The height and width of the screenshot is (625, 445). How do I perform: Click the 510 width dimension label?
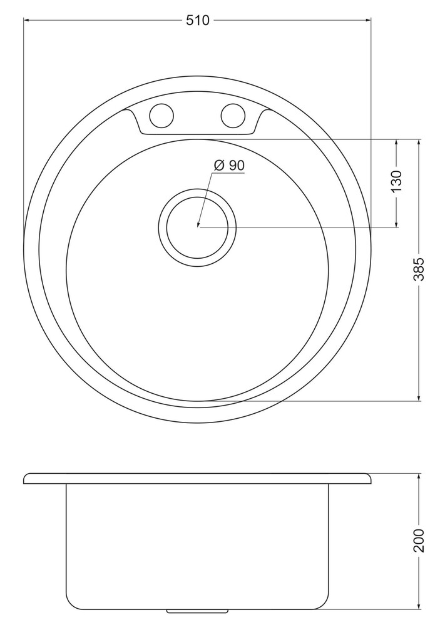pos(197,20)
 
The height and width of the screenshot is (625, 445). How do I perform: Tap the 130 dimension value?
pos(396,181)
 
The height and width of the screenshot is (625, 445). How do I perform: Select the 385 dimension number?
pos(419,269)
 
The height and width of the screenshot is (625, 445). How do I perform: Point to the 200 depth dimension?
pos(419,541)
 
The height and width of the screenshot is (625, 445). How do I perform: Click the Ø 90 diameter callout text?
pos(229,165)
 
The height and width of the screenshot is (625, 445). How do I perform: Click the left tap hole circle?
pos(161,116)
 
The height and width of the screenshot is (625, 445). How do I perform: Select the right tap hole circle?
pos(233,116)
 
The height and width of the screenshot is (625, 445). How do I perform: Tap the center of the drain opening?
pos(198,227)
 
